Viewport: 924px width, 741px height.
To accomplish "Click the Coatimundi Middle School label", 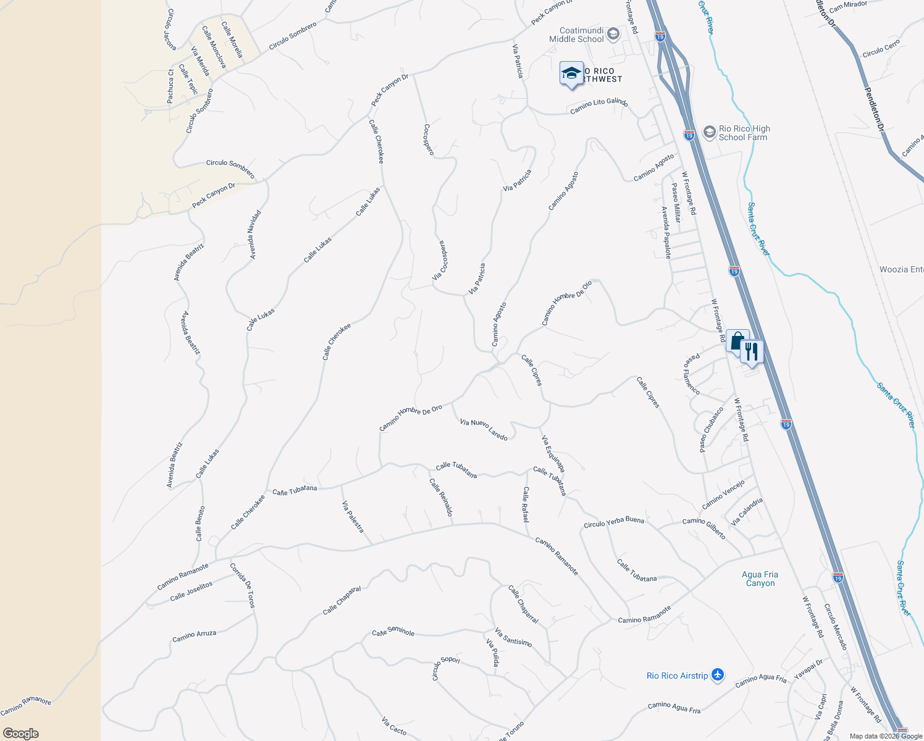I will (576, 35).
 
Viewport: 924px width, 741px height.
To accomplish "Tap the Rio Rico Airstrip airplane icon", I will (717, 675).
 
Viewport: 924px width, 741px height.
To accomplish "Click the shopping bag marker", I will (737, 341).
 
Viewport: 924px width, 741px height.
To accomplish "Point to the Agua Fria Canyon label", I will (760, 579).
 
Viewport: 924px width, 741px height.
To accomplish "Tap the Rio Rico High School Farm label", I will (744, 133).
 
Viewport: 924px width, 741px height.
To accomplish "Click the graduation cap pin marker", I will (571, 74).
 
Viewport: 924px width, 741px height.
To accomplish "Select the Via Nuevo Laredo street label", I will (484, 429).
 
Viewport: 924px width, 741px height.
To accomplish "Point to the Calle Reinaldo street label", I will (442, 497).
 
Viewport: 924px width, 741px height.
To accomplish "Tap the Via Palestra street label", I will (353, 517).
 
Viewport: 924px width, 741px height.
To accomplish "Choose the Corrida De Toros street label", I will (242, 585).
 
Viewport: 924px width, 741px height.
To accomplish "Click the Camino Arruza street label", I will (194, 635).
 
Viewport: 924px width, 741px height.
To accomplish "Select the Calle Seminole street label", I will (393, 632).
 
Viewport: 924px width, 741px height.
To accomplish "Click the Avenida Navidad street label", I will (254, 235).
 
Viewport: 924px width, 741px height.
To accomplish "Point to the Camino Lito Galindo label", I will (598, 106).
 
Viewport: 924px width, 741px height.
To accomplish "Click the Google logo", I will (20, 733).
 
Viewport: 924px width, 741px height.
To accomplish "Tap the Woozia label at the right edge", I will (901, 269).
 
